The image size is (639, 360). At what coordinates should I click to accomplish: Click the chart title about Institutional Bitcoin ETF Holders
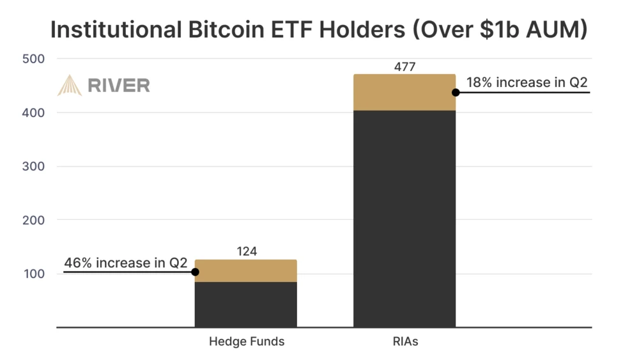[x=318, y=29]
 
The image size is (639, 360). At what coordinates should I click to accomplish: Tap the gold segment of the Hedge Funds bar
[x=246, y=270]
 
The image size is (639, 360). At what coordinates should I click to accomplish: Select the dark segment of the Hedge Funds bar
[x=246, y=304]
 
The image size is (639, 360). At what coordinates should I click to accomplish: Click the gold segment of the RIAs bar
[x=404, y=92]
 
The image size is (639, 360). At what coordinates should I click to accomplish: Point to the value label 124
[x=246, y=252]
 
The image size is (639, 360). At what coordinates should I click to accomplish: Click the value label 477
[x=404, y=66]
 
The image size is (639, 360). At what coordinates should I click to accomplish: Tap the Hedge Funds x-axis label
[x=246, y=341]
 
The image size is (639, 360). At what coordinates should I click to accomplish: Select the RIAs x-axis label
[x=404, y=341]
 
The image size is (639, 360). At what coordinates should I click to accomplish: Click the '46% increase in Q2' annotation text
[x=125, y=262]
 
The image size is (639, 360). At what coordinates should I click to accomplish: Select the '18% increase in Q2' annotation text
[x=527, y=82]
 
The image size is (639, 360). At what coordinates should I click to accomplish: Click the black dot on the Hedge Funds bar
[x=196, y=272]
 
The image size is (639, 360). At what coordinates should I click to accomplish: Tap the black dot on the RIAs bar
[x=456, y=92]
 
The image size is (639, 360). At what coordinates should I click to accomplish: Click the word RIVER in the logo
[x=119, y=85]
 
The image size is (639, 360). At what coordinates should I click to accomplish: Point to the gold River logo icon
[x=70, y=85]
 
